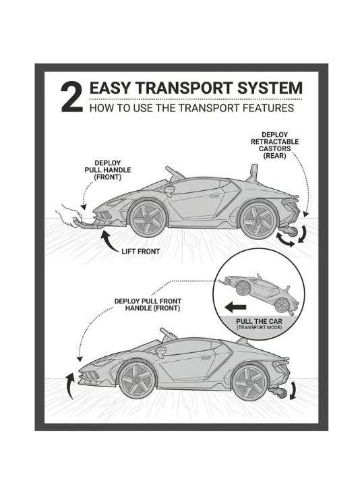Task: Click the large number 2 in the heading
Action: tap(72, 97)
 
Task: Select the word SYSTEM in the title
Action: tap(270, 88)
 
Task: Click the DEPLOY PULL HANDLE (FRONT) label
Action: tap(108, 170)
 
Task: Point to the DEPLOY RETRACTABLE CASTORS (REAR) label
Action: tap(274, 145)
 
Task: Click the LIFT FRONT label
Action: tap(141, 252)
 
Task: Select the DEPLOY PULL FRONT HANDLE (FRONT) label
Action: tap(148, 304)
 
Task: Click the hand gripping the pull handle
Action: tap(68, 215)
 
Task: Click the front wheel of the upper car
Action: tap(147, 219)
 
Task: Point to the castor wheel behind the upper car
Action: tap(293, 231)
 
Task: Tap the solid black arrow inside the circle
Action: tap(235, 307)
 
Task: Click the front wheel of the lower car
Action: tap(137, 380)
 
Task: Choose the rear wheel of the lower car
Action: tap(250, 381)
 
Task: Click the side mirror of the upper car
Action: tap(169, 192)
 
